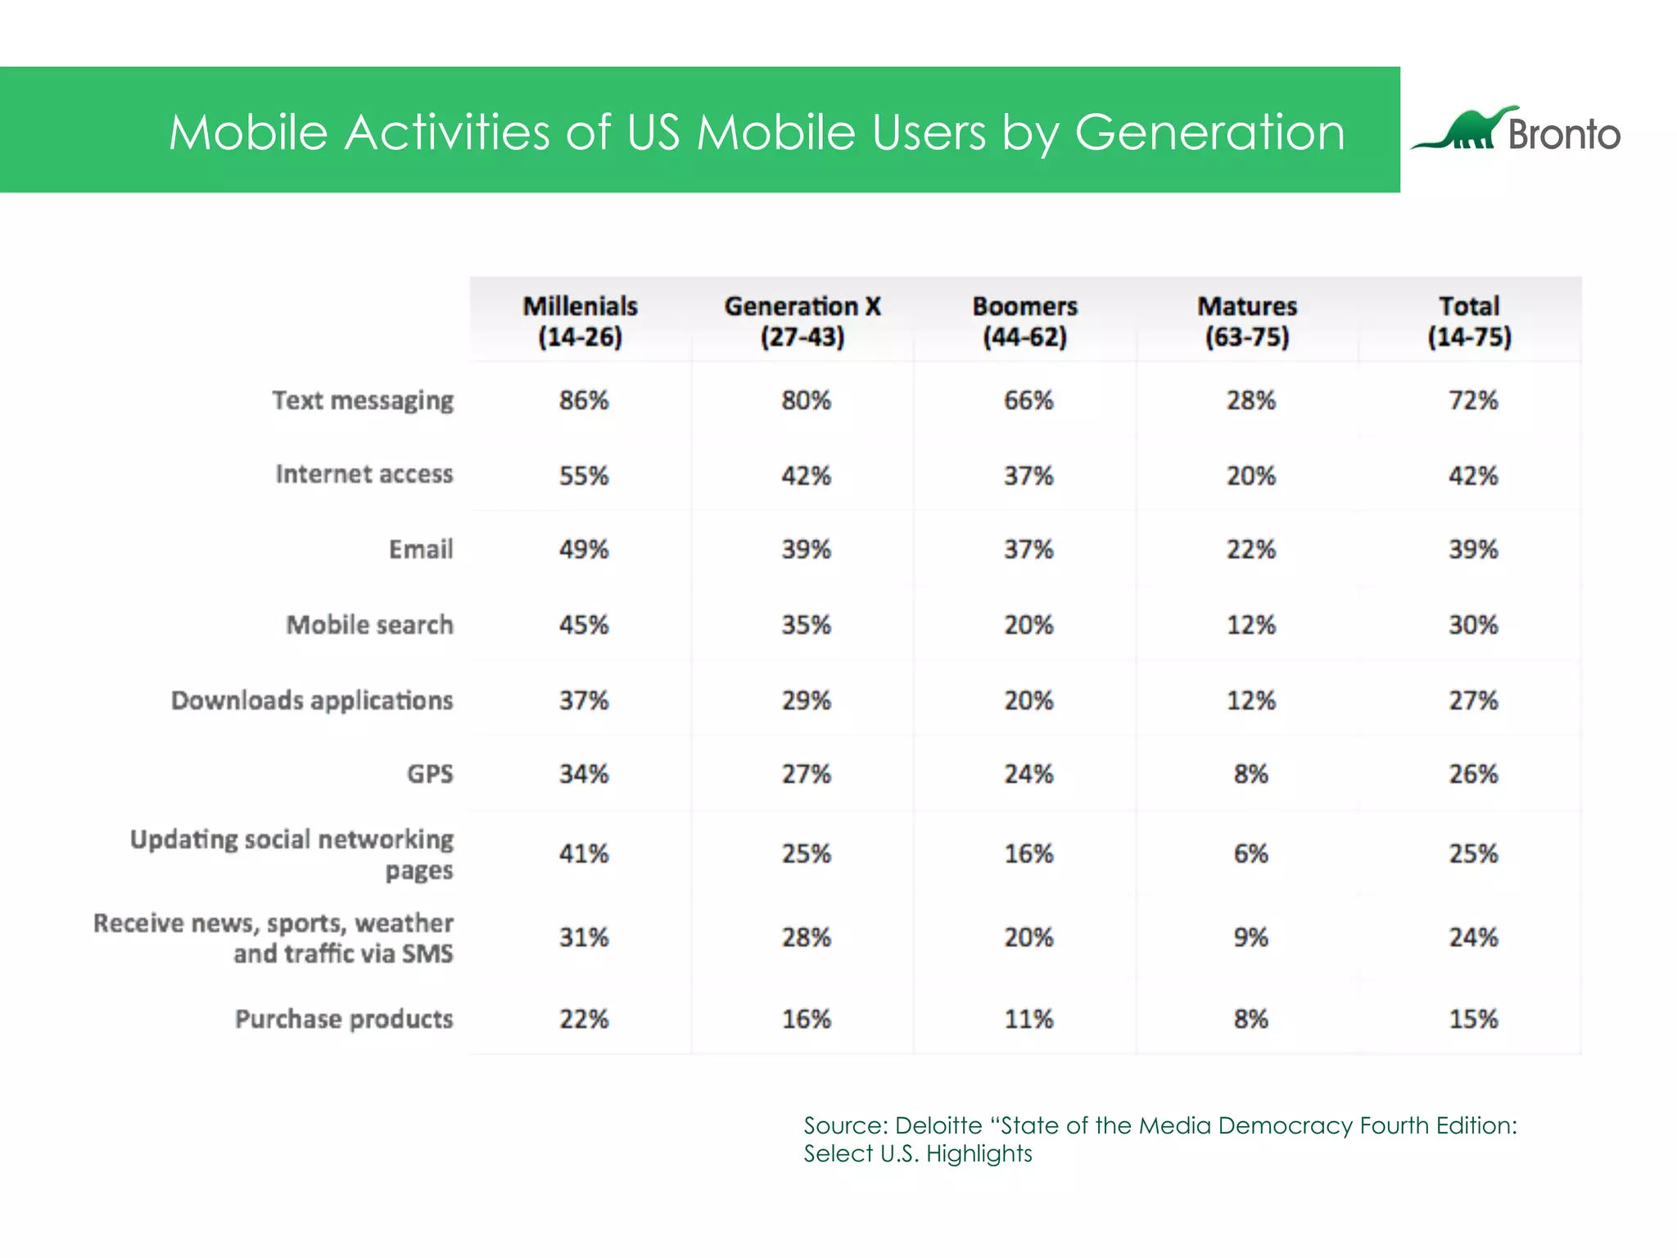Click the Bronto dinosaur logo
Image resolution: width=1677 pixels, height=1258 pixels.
[1466, 129]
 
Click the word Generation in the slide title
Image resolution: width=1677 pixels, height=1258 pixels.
[1209, 132]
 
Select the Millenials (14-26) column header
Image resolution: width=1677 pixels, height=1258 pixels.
[580, 321]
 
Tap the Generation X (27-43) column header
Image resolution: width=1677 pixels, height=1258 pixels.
[802, 321]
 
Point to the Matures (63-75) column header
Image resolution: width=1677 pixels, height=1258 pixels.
[1247, 321]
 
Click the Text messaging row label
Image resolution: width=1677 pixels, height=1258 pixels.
[363, 400]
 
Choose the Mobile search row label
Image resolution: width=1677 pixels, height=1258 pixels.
[369, 625]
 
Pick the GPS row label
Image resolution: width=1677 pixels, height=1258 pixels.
[430, 774]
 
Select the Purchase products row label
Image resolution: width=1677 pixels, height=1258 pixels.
[344, 1019]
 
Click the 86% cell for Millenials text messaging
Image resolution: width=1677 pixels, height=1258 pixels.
[584, 400]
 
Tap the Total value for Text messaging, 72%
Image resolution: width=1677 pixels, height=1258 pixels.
[1473, 400]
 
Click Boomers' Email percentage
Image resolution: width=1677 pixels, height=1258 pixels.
[1028, 550]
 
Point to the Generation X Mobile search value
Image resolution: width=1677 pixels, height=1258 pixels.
[806, 625]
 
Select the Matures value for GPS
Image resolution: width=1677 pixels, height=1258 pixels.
[1250, 774]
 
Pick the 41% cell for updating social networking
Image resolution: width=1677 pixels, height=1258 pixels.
[584, 853]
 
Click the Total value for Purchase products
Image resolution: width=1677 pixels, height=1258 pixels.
[1473, 1019]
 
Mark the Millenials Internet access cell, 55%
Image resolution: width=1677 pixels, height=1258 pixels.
[584, 476]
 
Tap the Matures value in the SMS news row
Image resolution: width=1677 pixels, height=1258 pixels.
[1250, 937]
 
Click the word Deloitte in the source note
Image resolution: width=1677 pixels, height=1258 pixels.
[938, 1126]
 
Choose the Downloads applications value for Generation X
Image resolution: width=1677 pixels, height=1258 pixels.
[806, 700]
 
